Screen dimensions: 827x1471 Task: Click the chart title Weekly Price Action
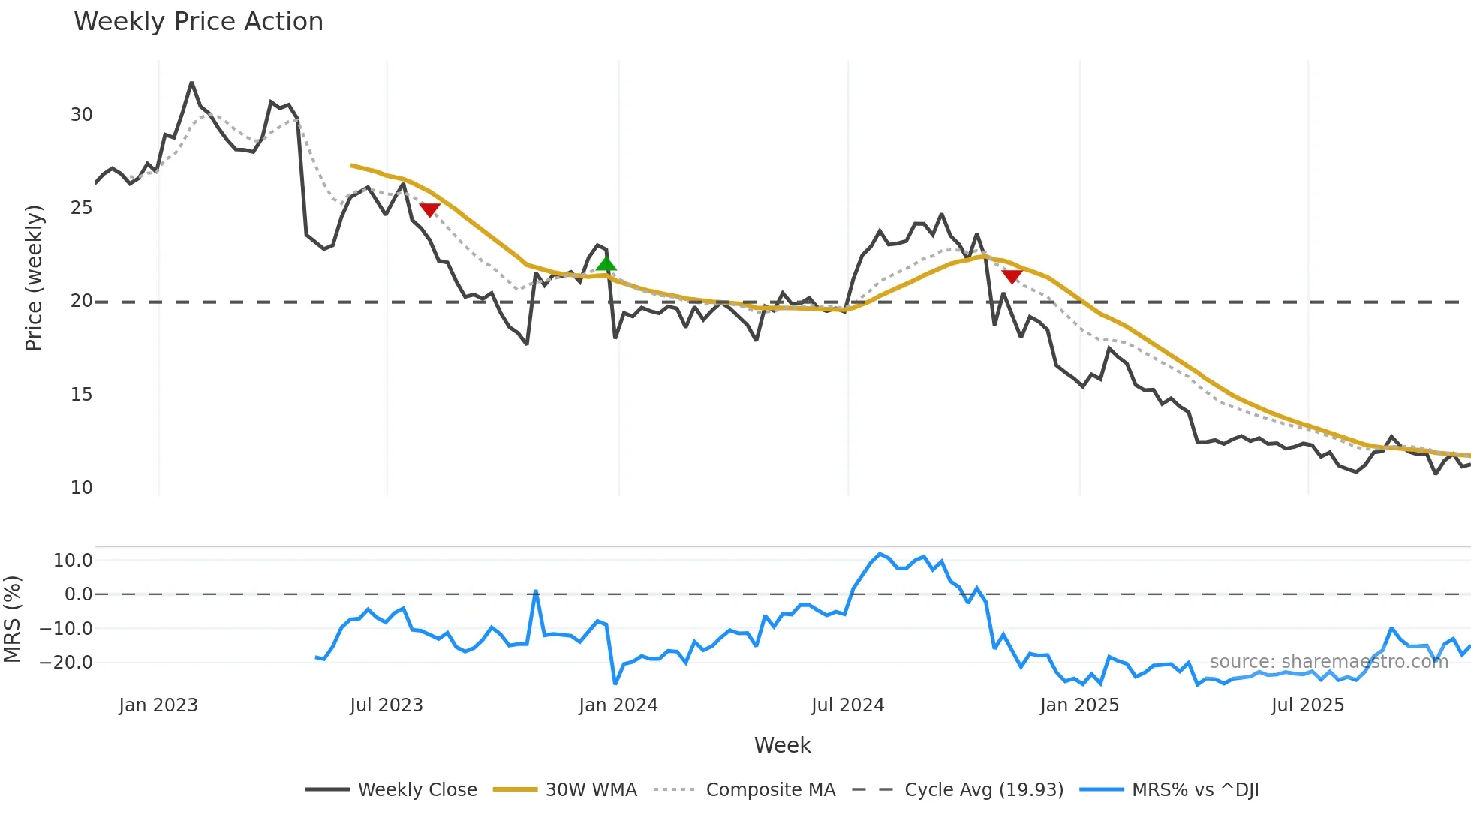click(x=198, y=22)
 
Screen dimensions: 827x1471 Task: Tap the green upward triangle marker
click(x=606, y=263)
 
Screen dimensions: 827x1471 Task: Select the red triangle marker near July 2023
click(x=429, y=209)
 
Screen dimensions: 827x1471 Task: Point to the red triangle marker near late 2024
click(x=1012, y=277)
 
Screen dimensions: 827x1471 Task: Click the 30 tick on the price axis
click(x=81, y=115)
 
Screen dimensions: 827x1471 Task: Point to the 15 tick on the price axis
click(x=81, y=395)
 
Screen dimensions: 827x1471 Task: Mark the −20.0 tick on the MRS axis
click(x=66, y=663)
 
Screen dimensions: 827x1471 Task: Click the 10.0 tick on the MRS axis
click(x=73, y=561)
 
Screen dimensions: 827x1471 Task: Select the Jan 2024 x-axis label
click(x=618, y=705)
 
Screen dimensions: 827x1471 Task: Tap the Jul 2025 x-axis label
click(x=1307, y=705)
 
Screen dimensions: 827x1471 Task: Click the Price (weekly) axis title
click(x=34, y=278)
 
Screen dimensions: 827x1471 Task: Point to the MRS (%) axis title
click(x=12, y=619)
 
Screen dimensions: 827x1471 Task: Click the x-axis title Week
click(x=782, y=745)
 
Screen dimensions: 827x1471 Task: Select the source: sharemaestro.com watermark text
click(x=1328, y=662)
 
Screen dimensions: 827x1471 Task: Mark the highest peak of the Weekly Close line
click(x=191, y=83)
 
